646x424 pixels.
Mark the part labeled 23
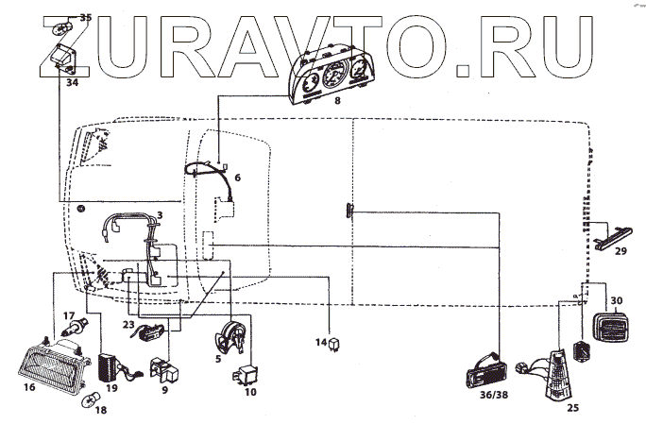[x=151, y=333]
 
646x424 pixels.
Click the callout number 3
[x=161, y=215]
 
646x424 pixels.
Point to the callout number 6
[x=237, y=178]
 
